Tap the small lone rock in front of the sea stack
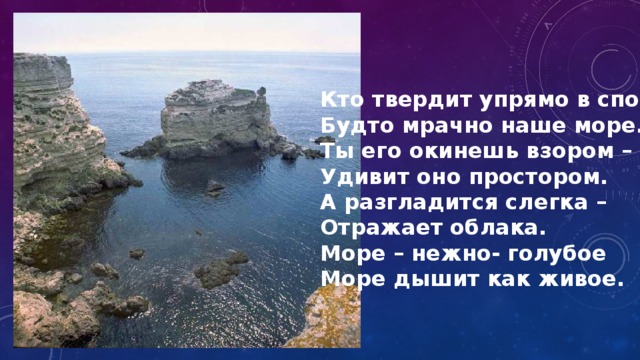(215, 186)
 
